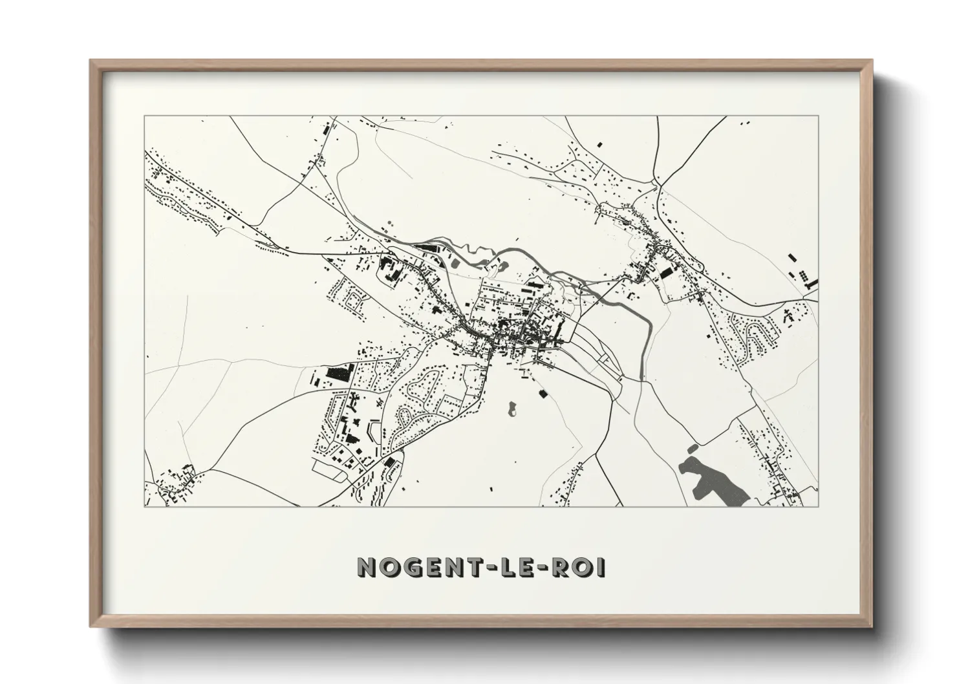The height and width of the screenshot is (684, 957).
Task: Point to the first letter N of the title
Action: pos(367,568)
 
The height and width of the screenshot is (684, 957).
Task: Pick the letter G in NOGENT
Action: pos(413,568)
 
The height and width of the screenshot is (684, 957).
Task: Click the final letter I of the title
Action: pos(601,568)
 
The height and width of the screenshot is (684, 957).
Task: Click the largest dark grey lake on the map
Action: pos(711,478)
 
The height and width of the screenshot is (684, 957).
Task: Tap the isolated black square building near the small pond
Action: pos(543,392)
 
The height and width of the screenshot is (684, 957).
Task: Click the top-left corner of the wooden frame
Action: pos(91,61)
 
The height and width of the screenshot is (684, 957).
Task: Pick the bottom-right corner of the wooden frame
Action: pos(872,628)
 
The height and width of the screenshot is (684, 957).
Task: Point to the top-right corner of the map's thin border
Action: pos(819,116)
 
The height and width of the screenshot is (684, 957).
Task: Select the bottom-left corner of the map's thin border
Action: pos(144,506)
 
